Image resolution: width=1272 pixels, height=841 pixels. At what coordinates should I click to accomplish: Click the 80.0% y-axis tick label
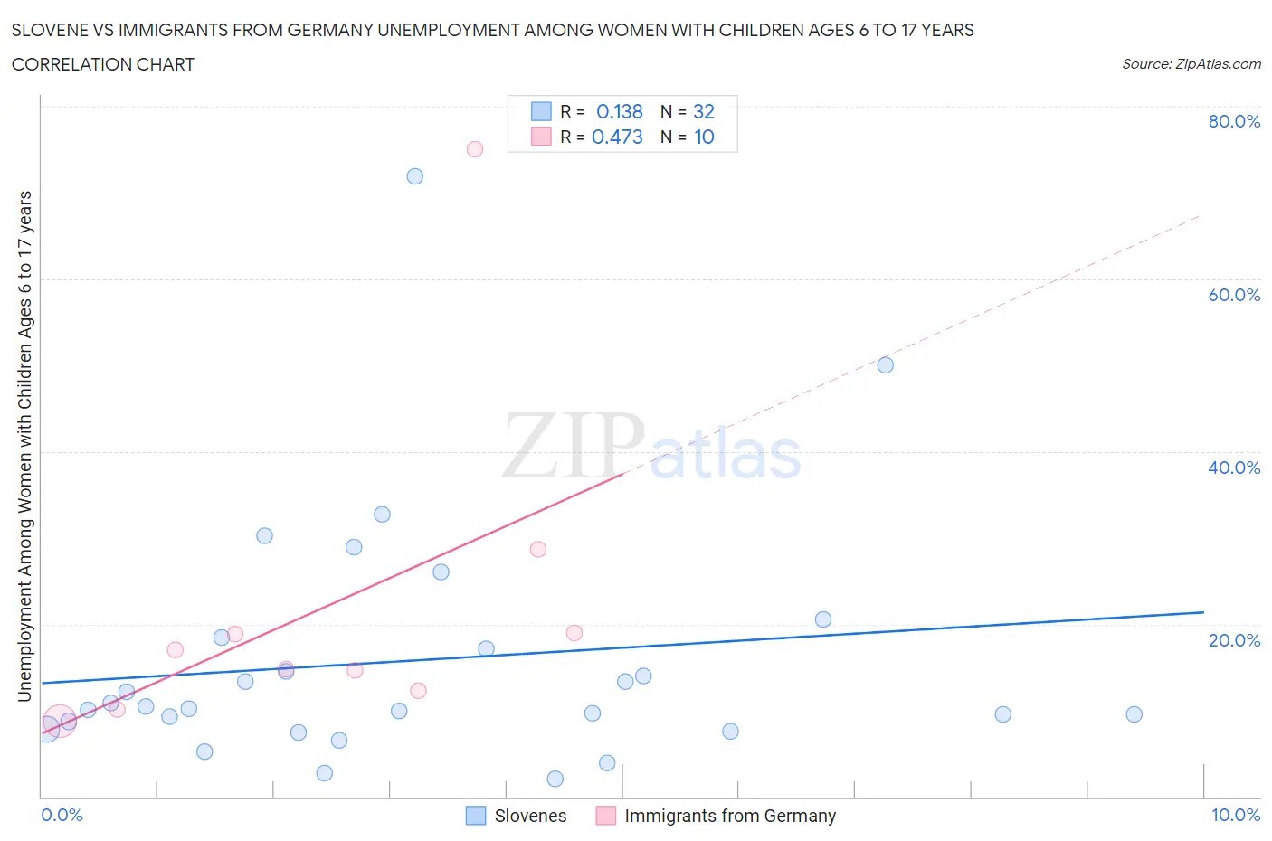(x=1234, y=121)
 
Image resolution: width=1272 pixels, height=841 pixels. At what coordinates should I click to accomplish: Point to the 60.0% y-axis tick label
(x=1234, y=295)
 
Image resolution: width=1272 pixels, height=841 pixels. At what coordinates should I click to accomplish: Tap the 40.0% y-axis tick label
(x=1234, y=468)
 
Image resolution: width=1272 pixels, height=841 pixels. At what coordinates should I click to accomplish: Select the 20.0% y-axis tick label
(x=1234, y=640)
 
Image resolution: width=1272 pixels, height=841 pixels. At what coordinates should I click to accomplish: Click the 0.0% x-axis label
(x=62, y=815)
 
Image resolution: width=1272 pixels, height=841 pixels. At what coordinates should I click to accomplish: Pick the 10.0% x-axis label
(x=1235, y=815)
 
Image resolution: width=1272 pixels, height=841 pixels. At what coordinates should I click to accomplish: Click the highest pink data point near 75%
(x=475, y=149)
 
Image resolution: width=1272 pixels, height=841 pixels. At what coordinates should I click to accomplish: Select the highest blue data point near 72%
(x=414, y=176)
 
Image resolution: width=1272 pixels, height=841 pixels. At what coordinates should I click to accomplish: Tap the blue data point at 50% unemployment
(x=885, y=365)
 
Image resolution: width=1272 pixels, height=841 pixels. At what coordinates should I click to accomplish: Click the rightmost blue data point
(x=1134, y=714)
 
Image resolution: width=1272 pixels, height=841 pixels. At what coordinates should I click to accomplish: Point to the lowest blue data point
(x=555, y=779)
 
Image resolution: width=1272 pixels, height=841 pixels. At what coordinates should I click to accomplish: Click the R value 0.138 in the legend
(x=619, y=111)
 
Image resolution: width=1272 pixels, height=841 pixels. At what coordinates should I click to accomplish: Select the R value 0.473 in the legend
(x=617, y=137)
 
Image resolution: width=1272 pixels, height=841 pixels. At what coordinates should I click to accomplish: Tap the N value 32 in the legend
(x=703, y=111)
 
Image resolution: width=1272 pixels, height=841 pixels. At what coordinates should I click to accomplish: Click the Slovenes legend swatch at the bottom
(x=476, y=816)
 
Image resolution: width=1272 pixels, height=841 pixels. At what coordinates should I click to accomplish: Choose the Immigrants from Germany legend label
(x=729, y=816)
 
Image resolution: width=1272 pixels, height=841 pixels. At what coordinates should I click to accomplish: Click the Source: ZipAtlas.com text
(x=1191, y=64)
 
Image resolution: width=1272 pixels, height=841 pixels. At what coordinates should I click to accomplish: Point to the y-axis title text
(x=24, y=446)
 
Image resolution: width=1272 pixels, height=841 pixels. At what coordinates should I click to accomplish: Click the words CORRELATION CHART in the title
(x=103, y=64)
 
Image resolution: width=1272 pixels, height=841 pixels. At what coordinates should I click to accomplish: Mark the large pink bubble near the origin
(x=59, y=722)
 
